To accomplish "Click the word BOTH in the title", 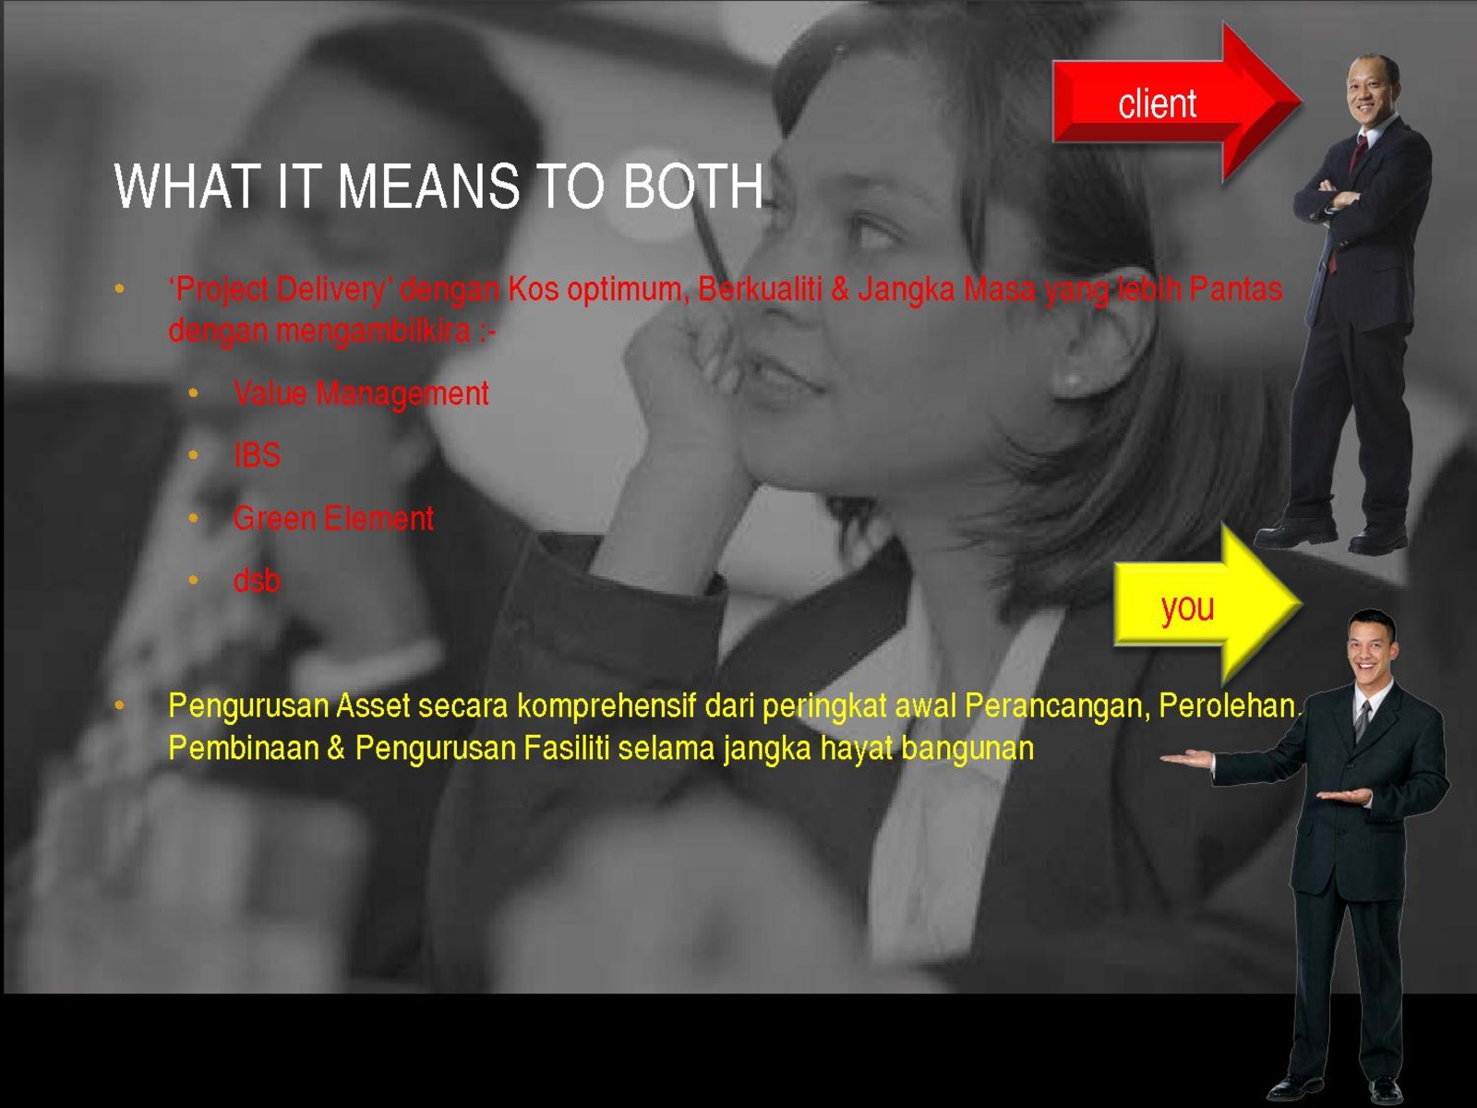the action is click(x=693, y=187).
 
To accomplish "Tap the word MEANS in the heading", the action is click(x=428, y=187).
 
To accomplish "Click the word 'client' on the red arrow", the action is click(x=1158, y=103).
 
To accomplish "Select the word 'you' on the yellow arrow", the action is click(x=1188, y=608).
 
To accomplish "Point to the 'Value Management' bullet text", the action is click(x=361, y=393).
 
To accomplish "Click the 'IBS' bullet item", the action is click(x=257, y=455).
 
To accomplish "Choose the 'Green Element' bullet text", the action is click(x=333, y=518).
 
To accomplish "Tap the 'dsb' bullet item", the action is click(x=257, y=581).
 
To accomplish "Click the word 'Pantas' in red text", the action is click(x=1235, y=289).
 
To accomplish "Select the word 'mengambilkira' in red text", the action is click(x=374, y=331).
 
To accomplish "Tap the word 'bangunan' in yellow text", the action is click(x=967, y=749).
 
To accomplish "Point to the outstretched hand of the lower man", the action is click(x=1188, y=759).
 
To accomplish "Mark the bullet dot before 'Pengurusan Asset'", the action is click(x=120, y=705).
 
